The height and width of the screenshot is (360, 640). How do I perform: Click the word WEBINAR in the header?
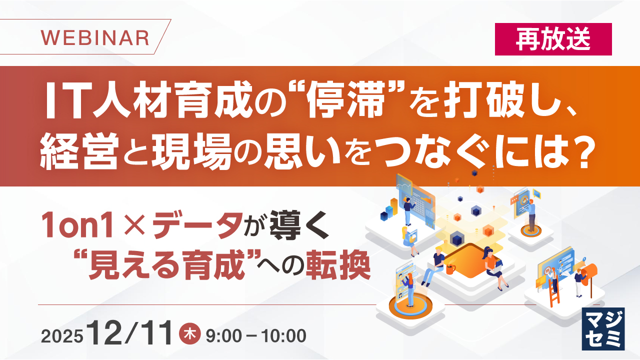point(94,38)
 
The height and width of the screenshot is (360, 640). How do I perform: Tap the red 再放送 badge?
point(553,39)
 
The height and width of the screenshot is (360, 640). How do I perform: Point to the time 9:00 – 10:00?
point(255,335)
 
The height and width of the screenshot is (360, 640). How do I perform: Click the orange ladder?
point(554,293)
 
